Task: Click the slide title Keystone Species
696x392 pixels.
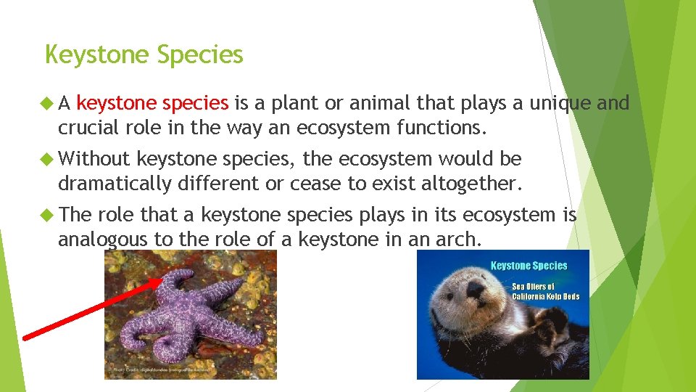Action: (x=144, y=55)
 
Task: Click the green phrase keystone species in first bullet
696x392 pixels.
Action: (x=152, y=104)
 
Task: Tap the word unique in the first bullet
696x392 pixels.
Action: (x=560, y=104)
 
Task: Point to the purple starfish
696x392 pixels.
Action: (x=188, y=319)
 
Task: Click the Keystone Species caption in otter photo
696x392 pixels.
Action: (x=529, y=266)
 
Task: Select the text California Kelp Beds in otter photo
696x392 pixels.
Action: (x=545, y=296)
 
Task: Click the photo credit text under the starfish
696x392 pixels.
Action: (x=156, y=370)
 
